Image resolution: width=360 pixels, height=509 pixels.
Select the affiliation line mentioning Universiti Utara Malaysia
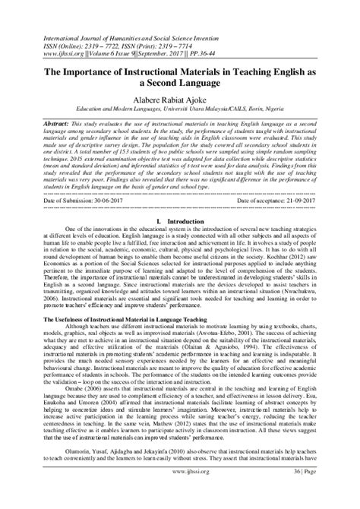coord(179,108)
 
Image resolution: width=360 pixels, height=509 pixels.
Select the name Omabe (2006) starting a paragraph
coord(82,410)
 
